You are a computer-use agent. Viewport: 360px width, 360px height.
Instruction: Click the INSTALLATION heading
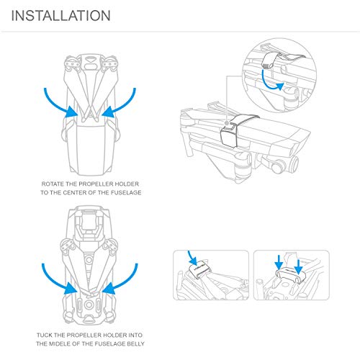(x=60, y=16)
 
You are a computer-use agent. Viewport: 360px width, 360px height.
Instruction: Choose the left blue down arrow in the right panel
(x=279, y=262)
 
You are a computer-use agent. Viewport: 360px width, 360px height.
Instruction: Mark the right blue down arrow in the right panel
(x=298, y=266)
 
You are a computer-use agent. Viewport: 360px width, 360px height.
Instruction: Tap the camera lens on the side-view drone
(x=294, y=163)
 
